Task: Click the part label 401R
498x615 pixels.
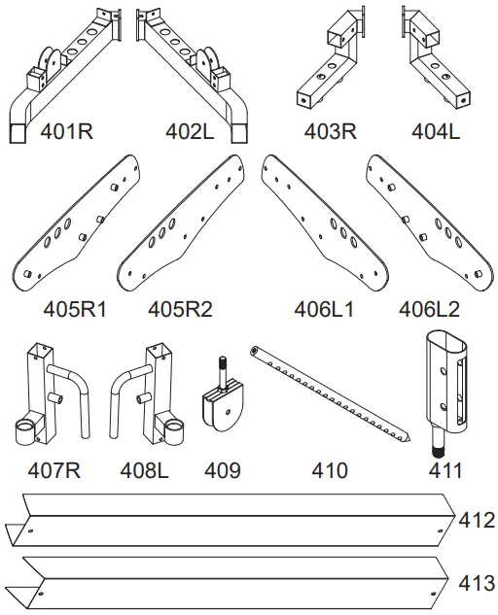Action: (x=66, y=130)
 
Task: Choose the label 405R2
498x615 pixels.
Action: (x=180, y=310)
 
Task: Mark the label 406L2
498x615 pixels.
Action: (x=429, y=310)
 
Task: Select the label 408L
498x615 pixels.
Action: (x=145, y=471)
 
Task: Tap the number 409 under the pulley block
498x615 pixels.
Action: (x=223, y=471)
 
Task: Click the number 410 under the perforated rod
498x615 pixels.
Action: (x=329, y=471)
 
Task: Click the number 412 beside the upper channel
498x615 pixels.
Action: (x=477, y=520)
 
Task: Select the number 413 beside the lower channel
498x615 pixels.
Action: (x=477, y=583)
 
